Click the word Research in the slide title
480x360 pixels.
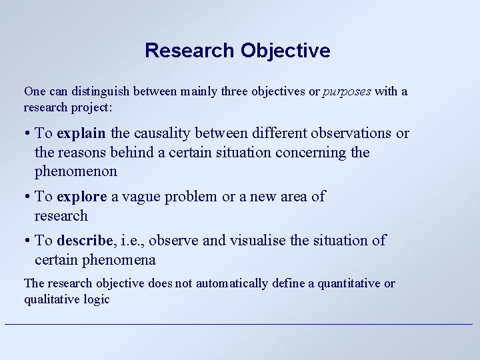[190, 51]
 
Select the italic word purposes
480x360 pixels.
[347, 91]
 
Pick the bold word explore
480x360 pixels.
[82, 197]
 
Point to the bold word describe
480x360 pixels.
[85, 241]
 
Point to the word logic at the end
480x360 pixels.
[96, 299]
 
